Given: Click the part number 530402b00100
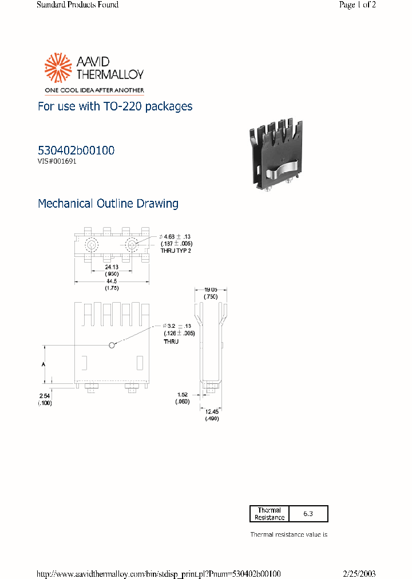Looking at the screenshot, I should coord(76,150).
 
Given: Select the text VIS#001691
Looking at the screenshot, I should coord(57,161).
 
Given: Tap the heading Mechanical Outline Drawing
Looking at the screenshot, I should coord(108,204).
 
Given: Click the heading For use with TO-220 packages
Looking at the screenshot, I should coord(115,106).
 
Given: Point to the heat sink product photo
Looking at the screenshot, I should coord(276,154).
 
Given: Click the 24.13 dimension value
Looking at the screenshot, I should coord(112,267).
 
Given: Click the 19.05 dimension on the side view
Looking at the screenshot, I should coord(212,290).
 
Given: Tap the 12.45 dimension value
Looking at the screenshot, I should coord(212,412).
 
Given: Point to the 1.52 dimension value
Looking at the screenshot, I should coord(183,394).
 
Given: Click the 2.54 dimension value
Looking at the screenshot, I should coord(45,396).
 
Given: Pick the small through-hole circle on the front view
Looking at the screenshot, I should coord(112,344).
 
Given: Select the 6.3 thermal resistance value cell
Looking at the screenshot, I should coord(308,514).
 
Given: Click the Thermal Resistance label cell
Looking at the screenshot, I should coord(270,514).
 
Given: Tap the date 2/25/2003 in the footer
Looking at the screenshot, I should coord(359,574).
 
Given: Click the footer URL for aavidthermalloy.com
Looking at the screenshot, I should coord(159,574).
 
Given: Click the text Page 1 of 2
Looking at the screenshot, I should coord(357,5).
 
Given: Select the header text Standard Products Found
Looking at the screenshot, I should coord(78,5).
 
